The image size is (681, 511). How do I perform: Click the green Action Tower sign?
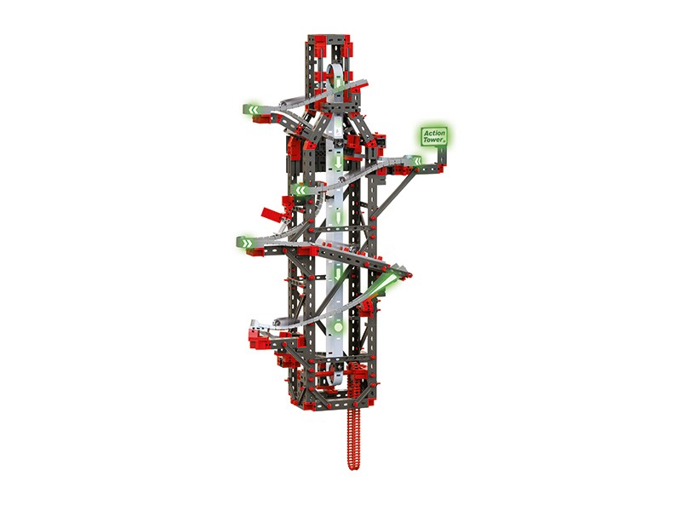[434, 136]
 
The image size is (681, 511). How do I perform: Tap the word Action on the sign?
[434, 133]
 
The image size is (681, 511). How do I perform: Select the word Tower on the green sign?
[433, 140]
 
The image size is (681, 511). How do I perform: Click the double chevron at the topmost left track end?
[252, 110]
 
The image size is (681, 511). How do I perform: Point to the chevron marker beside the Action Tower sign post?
[417, 162]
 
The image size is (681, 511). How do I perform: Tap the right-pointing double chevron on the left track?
[246, 244]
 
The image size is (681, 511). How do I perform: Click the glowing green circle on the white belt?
[338, 326]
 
